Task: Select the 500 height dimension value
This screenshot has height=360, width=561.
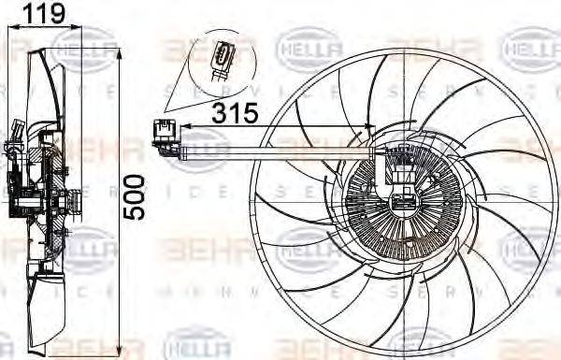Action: point(136,195)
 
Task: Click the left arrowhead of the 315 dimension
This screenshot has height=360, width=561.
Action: point(184,127)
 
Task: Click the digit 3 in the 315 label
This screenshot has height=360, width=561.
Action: point(220,114)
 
